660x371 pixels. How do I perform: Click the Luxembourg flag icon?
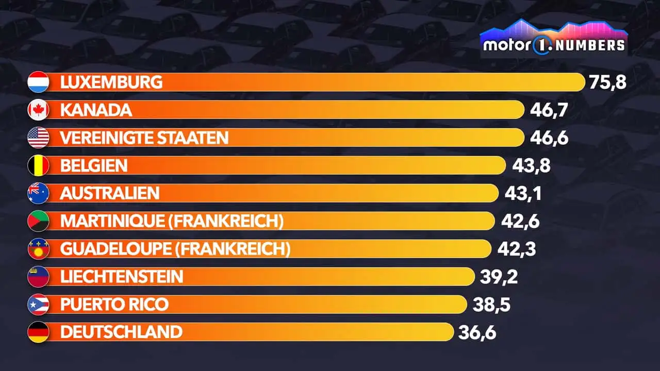[38, 82]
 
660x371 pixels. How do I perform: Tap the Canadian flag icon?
[38, 110]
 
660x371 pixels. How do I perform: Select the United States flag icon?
[38, 138]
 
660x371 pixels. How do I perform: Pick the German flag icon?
[38, 332]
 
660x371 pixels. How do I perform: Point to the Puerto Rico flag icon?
[38, 305]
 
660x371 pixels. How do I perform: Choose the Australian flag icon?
[38, 193]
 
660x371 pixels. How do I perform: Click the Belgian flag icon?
[38, 165]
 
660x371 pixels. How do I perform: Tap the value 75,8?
[607, 82]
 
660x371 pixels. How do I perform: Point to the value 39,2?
[499, 277]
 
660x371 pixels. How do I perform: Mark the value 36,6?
[477, 332]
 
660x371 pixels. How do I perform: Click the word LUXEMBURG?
[111, 82]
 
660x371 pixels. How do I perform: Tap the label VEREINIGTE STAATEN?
[144, 138]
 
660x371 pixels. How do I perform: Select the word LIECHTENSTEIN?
[122, 277]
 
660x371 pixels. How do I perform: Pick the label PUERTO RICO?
[114, 305]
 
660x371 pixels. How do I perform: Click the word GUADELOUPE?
[115, 249]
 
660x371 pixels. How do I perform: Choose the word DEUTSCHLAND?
[121, 332]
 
